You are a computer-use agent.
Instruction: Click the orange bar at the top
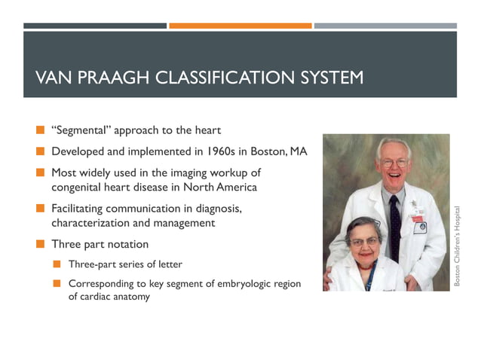(240, 26)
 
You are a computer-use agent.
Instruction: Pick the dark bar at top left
(95, 26)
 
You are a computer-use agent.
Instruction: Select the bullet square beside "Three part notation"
(40, 245)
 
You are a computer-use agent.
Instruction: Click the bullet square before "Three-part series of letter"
(57, 264)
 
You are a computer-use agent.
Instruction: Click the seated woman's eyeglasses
(363, 241)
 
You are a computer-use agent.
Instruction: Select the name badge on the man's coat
(419, 225)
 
